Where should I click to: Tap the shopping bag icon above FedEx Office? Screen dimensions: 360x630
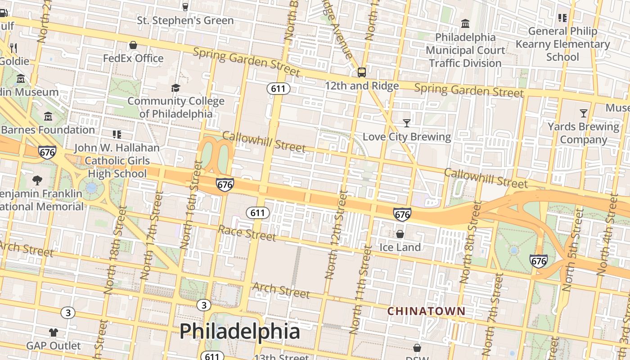[133, 45]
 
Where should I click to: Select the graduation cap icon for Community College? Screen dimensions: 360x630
[175, 88]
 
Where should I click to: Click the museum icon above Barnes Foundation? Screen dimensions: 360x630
[48, 117]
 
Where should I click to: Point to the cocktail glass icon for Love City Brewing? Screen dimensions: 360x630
[407, 123]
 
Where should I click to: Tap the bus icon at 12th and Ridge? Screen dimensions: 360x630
[361, 72]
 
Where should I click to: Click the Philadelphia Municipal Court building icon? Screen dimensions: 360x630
[465, 23]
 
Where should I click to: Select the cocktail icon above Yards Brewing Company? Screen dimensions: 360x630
[584, 113]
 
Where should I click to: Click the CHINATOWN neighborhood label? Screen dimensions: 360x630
[426, 311]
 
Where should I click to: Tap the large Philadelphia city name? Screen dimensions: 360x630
[240, 332]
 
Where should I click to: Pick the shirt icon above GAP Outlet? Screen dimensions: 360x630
[54, 333]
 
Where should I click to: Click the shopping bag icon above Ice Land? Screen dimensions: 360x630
[400, 234]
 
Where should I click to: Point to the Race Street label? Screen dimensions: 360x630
[247, 233]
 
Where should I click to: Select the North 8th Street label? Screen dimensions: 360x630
[471, 242]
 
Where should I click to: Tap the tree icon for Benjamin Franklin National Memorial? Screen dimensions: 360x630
[37, 180]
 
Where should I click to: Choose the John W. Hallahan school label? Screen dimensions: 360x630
[117, 161]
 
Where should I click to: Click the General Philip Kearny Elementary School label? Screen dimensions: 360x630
[562, 44]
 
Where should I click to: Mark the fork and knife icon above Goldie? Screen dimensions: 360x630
[13, 48]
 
